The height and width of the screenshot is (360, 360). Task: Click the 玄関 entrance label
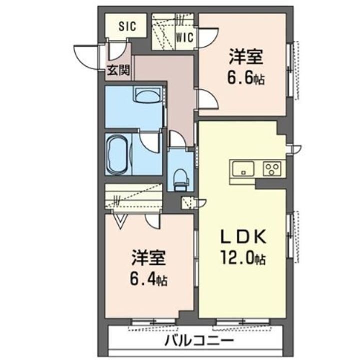pos(118,70)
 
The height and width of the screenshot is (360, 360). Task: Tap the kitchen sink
pos(243,167)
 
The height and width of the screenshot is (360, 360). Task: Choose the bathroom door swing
pos(150,142)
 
